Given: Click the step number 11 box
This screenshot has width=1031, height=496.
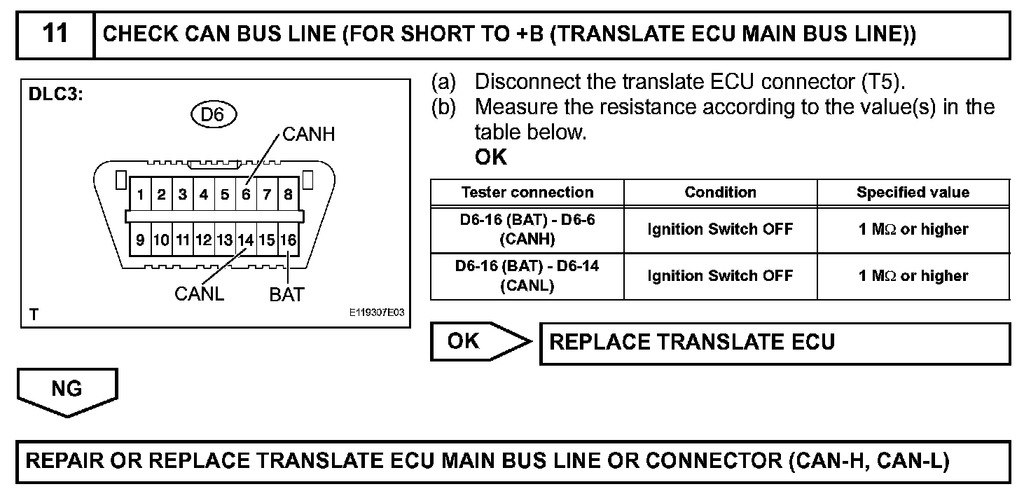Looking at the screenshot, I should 55,34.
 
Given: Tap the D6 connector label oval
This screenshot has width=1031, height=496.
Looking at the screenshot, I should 212,114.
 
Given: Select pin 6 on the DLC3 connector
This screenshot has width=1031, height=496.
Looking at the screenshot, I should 246,195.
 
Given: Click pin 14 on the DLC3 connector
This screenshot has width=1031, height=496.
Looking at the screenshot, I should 245,240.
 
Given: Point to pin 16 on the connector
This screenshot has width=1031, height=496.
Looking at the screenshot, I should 288,240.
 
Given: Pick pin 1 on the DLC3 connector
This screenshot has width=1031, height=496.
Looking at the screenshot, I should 141,195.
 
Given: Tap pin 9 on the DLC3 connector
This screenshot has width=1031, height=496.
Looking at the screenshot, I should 141,240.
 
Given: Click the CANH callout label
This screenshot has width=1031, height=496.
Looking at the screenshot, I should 308,135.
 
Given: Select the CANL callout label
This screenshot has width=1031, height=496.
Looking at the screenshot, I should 199,294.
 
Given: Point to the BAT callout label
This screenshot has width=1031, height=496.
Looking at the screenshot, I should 286,294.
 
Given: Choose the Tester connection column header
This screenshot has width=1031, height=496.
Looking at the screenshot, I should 527,192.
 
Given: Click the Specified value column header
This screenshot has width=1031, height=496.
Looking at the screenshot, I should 913,192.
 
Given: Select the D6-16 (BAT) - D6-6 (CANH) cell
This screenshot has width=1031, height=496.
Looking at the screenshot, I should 527,229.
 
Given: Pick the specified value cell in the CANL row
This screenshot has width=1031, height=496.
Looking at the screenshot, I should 913,276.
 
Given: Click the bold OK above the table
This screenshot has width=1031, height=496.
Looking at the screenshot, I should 490,158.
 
